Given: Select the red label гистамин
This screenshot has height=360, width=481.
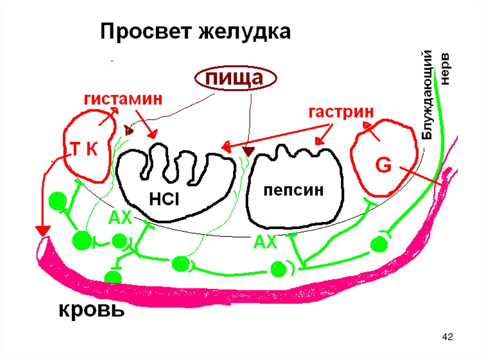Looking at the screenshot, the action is coord(123,100).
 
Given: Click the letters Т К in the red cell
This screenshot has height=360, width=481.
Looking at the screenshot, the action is coord(84,150).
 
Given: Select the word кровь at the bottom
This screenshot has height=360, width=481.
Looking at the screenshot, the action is coord(92,310).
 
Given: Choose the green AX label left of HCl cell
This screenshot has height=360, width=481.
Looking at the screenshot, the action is coord(121,217).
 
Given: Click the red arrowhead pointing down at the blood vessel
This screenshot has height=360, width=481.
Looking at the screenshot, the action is coord(42,230).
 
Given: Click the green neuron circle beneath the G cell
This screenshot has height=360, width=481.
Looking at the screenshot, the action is coord(379,244).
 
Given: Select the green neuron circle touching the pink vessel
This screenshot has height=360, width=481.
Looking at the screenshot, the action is coord(113,277).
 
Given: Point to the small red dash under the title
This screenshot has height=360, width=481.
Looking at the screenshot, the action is coord(113,61).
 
